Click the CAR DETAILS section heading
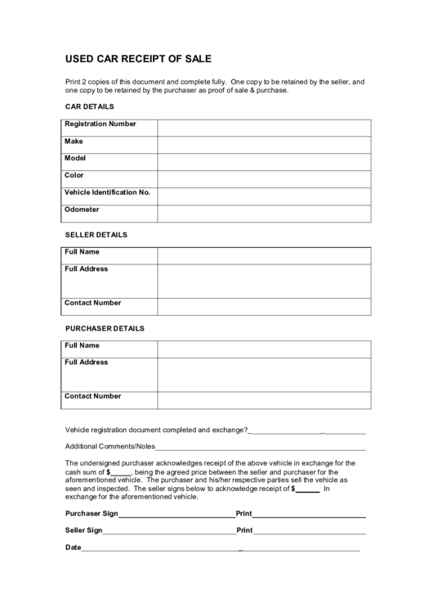point(89,106)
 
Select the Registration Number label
point(100,124)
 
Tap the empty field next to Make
point(264,144)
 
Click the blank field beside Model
point(264,161)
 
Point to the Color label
point(74,175)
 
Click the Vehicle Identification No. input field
point(264,196)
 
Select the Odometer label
point(82,210)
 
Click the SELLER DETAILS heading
point(96,235)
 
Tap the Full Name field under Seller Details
point(264,255)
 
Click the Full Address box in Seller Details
point(264,281)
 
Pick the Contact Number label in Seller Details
point(93,303)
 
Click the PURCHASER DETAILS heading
point(105,328)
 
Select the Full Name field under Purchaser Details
point(264,349)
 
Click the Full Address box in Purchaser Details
point(264,374)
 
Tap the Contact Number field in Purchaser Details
point(264,399)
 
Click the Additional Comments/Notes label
point(109,447)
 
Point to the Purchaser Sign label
point(92,514)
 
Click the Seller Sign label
point(83,530)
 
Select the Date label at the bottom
point(74,547)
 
